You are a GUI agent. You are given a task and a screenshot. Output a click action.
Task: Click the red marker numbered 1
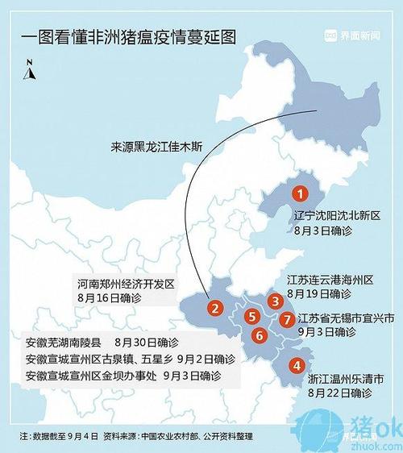tap(300, 193)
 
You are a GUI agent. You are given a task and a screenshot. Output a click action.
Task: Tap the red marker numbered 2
tap(214, 307)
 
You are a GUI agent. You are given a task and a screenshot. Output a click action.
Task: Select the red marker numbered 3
tap(276, 301)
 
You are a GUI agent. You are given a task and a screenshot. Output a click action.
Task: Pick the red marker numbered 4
tap(297, 365)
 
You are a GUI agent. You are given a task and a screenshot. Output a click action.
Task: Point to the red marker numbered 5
tap(253, 317)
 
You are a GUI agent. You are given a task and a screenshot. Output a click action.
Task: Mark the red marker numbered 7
tap(288, 320)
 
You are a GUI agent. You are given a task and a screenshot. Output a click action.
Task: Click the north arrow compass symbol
tap(30, 70)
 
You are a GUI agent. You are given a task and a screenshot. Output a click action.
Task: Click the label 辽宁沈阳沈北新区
tap(333, 216)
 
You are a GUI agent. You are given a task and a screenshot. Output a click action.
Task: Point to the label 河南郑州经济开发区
tap(127, 285)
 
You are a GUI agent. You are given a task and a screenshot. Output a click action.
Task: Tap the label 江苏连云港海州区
tap(331, 281)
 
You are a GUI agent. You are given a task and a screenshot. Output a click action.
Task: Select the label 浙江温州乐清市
tap(346, 378)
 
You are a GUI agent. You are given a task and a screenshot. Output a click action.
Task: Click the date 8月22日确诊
tap(339, 393)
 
